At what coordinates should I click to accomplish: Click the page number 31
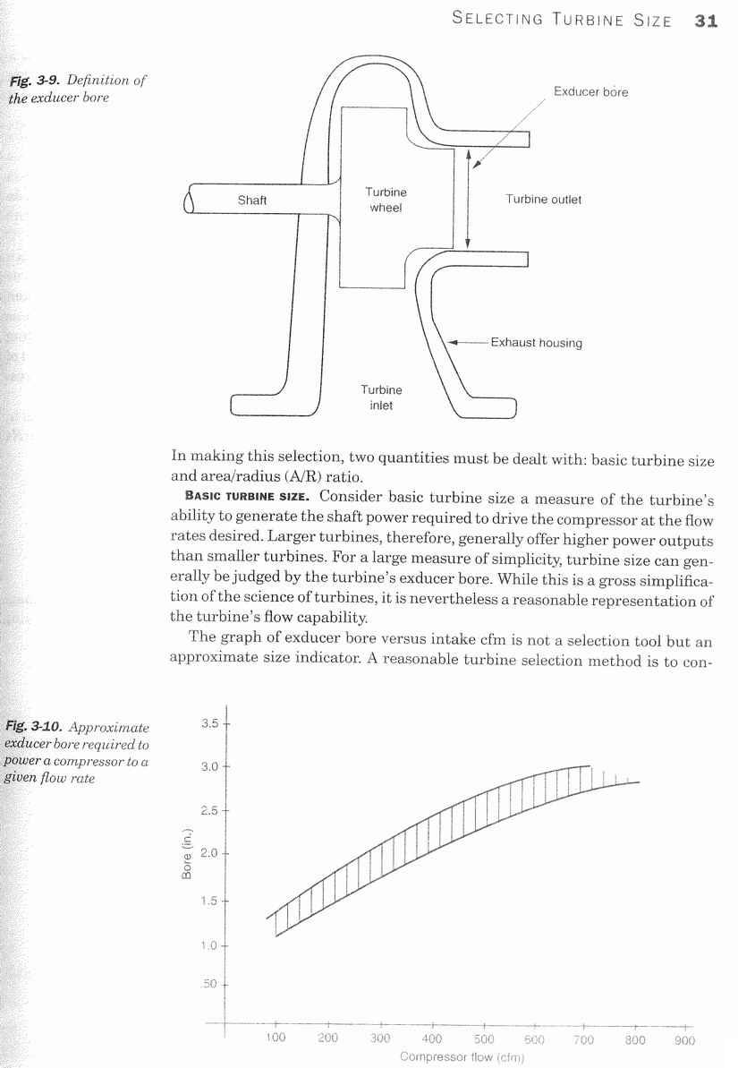click(x=706, y=21)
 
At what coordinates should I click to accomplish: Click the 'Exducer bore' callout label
click(x=590, y=91)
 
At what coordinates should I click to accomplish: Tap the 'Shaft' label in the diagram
click(x=251, y=200)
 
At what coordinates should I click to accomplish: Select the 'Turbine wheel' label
click(x=386, y=200)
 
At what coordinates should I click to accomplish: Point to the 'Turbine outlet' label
click(x=543, y=200)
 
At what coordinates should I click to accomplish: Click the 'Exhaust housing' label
click(x=536, y=342)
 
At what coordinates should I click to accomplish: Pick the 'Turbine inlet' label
click(x=381, y=397)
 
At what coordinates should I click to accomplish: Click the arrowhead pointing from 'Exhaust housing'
click(x=453, y=342)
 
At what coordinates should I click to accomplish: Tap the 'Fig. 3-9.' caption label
click(x=33, y=81)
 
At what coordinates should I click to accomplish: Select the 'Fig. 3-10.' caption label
click(x=36, y=728)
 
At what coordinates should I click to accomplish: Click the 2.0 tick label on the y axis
click(x=211, y=853)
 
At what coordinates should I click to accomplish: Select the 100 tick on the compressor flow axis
click(x=276, y=1039)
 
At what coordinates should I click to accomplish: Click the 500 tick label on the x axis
click(x=484, y=1039)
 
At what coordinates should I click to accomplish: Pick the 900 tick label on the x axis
click(x=684, y=1040)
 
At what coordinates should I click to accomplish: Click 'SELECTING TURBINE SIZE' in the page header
click(x=562, y=21)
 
